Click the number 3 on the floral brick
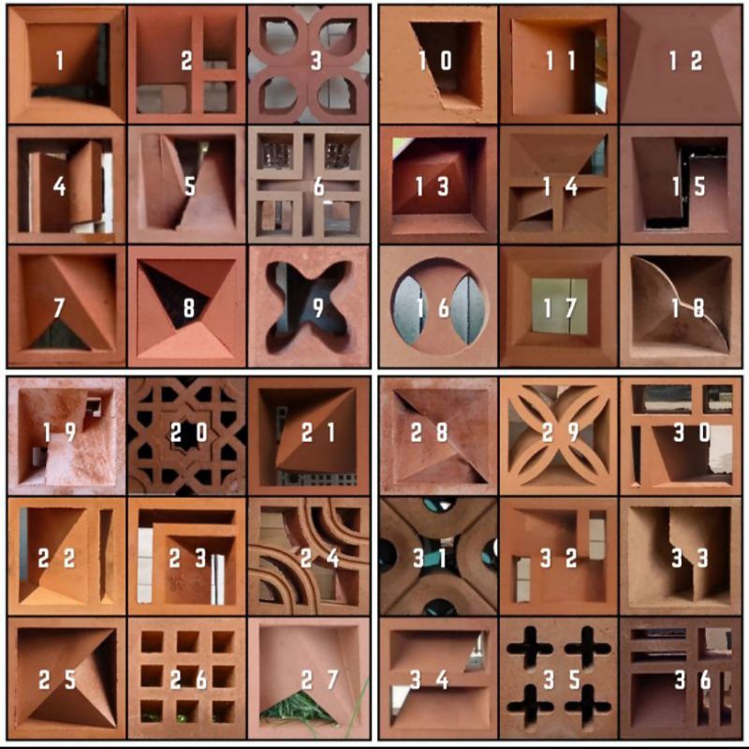(316, 61)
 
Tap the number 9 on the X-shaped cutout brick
(318, 308)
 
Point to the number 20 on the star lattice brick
(189, 433)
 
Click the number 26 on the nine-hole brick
(188, 680)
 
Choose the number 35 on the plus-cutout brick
(562, 680)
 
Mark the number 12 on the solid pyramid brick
(685, 61)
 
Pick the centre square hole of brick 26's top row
(188, 641)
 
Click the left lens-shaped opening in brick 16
(407, 309)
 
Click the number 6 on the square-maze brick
(318, 186)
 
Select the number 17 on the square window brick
(560, 308)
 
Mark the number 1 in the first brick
(59, 61)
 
